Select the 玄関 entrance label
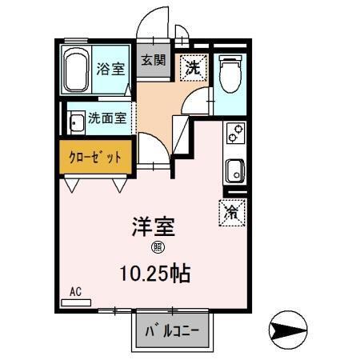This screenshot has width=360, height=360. pos(153,61)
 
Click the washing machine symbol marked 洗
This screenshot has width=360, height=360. pos(193,67)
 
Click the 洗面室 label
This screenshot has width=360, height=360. pos(107,120)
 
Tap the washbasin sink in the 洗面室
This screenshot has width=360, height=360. pos(76,123)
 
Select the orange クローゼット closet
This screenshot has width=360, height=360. pos(95,157)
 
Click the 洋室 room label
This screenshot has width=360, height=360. pos(153,226)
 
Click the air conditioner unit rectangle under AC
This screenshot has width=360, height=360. pos(77,302)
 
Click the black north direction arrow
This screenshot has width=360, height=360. pos(289,328)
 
